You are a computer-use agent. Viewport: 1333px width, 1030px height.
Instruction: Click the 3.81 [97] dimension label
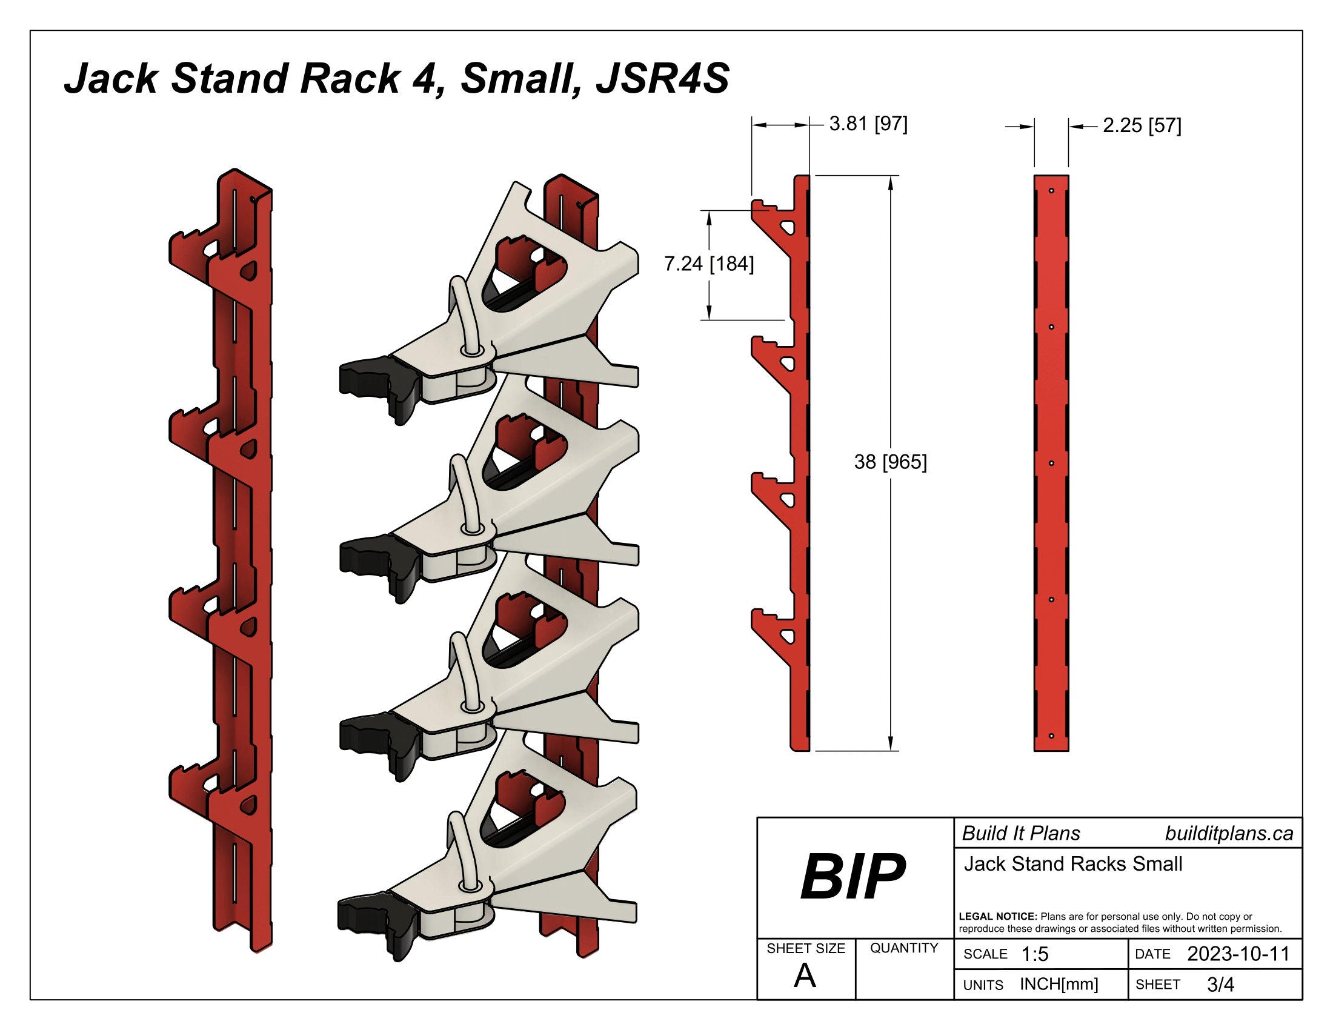point(868,124)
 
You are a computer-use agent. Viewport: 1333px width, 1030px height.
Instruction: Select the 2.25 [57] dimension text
point(1142,125)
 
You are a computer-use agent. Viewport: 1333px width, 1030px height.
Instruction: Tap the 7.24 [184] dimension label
point(709,264)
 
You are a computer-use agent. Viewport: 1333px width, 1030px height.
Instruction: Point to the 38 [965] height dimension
point(890,462)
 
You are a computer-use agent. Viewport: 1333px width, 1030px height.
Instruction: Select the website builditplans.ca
point(1229,834)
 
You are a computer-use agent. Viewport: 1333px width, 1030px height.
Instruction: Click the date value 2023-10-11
point(1238,954)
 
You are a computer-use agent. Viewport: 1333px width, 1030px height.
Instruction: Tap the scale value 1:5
point(1034,954)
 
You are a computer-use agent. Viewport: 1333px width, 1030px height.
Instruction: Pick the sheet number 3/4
point(1220,985)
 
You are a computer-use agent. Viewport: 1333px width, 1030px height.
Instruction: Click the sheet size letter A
point(805,977)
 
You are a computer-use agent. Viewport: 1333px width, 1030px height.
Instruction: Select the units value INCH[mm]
point(1059,984)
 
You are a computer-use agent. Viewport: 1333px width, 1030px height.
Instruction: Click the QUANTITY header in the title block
point(904,948)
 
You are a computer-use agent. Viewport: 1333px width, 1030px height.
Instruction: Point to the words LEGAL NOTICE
point(998,917)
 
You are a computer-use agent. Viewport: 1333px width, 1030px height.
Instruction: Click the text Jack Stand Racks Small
point(1073,864)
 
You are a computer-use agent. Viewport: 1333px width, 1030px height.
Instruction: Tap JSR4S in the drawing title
point(662,79)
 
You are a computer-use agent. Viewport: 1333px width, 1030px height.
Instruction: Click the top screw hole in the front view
point(1052,190)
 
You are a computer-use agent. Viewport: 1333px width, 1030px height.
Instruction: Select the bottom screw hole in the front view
point(1052,736)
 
